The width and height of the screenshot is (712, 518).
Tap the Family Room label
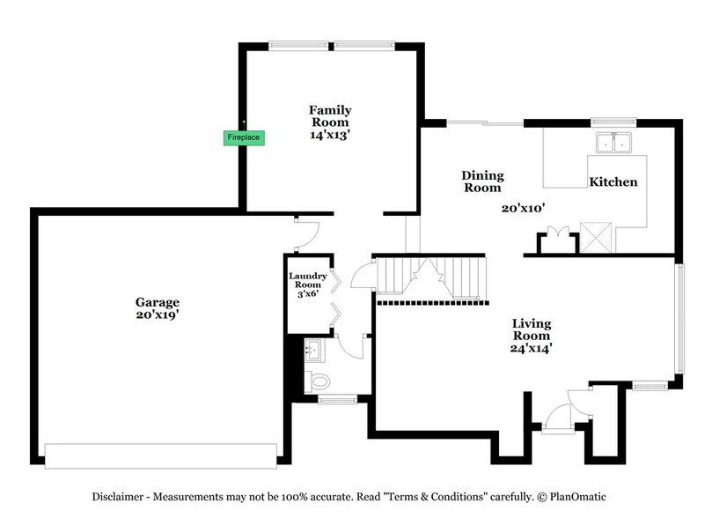pos(329,116)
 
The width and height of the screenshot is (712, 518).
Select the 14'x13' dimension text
pos(329,136)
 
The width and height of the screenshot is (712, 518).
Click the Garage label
pos(158,301)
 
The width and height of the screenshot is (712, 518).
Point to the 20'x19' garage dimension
pos(158,314)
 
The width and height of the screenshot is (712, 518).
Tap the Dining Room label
pos(481,181)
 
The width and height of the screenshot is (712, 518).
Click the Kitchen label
pos(613,181)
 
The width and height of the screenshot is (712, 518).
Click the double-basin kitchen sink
pos(614,143)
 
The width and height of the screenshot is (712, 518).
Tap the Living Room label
pos(532,329)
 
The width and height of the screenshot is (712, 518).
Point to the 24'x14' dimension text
pos(532,347)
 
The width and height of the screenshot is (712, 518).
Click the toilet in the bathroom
pos(317,381)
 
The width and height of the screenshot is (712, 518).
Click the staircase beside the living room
pos(431,277)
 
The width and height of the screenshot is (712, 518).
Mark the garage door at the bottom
pos(158,455)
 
